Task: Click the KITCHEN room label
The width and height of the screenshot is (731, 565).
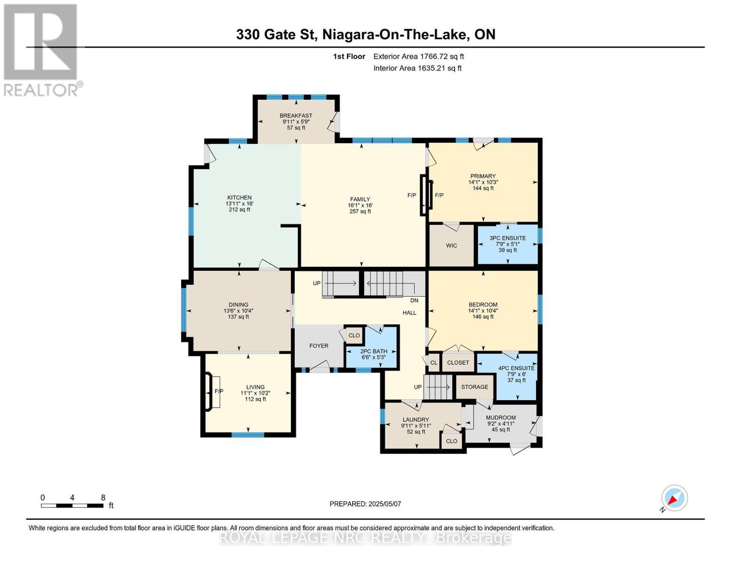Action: (239, 198)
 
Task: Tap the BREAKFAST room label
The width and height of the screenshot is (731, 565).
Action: (296, 116)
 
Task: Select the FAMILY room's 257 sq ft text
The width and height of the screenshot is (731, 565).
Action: (360, 211)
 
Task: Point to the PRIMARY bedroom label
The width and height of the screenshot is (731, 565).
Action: (483, 176)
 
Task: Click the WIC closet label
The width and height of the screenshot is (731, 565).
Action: (451, 246)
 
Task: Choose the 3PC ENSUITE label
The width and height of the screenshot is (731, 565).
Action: (507, 238)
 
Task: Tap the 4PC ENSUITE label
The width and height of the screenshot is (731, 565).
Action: (516, 368)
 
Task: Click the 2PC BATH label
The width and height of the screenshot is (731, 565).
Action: (373, 351)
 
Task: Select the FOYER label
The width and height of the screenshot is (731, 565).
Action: (319, 346)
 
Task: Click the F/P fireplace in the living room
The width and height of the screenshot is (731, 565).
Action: (218, 391)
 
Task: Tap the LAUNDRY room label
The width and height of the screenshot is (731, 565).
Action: (416, 420)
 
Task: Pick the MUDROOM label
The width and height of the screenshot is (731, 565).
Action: (501, 418)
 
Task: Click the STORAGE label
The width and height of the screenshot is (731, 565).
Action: (474, 387)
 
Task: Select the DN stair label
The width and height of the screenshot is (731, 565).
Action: (414, 300)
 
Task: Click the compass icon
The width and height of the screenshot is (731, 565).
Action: (674, 498)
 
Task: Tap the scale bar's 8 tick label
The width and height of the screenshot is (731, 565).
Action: (103, 498)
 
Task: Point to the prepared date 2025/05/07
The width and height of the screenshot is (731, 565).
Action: (365, 504)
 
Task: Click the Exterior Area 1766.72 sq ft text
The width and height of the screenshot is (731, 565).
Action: (418, 56)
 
